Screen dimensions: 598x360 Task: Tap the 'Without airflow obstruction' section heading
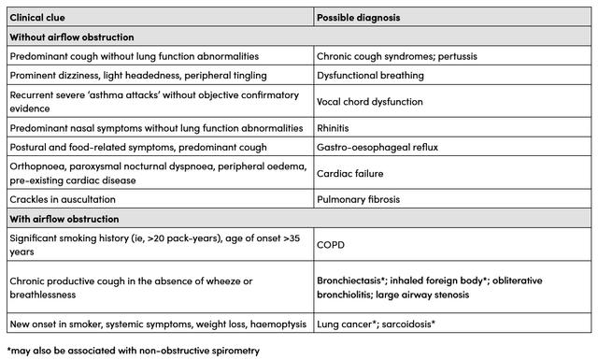pyautogui.click(x=72, y=36)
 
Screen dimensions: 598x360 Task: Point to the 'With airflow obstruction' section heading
pyautogui.click(x=64, y=219)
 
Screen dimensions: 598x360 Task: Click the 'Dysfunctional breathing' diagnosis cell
pyautogui.click(x=371, y=75)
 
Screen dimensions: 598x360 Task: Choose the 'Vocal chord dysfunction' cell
pyautogui.click(x=373, y=101)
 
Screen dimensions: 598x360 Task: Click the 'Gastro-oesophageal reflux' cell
pyautogui.click(x=377, y=147)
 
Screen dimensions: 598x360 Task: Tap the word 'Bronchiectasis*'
pyautogui.click(x=360, y=281)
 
